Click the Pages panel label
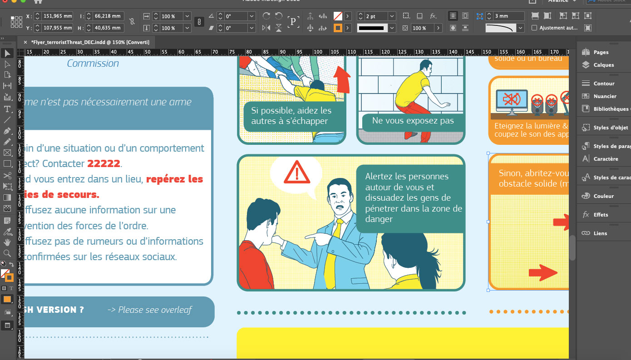[601, 52]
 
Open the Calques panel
[603, 65]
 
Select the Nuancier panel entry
[605, 96]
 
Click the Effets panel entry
[601, 215]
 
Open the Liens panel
[600, 233]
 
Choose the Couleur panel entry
[603, 196]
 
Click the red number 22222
[104, 163]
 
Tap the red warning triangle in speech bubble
[296, 173]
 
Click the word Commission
[93, 63]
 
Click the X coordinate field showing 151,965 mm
[58, 16]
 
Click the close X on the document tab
[25, 42]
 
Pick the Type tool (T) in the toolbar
[7, 109]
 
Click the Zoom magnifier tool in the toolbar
[7, 253]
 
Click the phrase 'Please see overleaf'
[155, 310]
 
